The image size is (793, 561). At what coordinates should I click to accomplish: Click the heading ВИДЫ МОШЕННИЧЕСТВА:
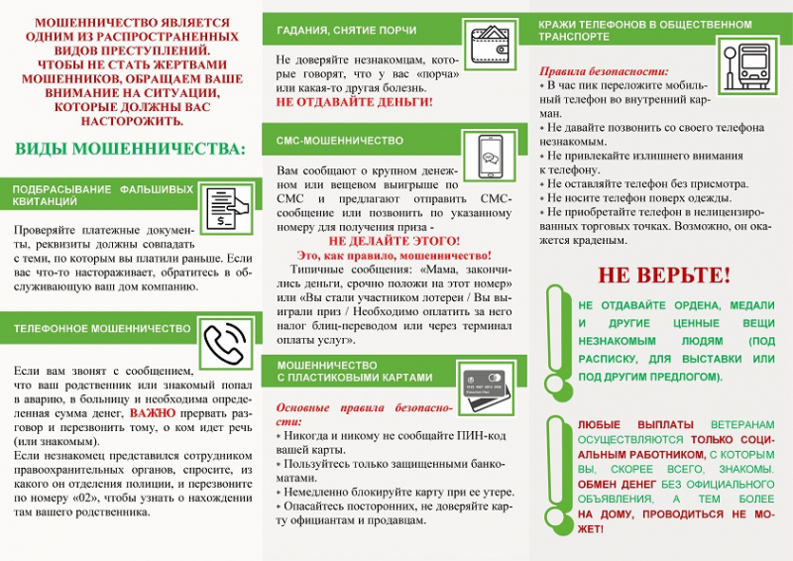[130, 150]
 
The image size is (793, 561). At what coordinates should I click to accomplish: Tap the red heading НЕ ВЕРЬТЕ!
[663, 275]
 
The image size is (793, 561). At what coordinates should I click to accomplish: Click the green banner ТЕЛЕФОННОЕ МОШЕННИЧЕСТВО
[103, 328]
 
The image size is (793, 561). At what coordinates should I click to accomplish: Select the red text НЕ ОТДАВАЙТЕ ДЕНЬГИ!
[354, 102]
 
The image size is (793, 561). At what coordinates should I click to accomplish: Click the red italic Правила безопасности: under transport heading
[604, 71]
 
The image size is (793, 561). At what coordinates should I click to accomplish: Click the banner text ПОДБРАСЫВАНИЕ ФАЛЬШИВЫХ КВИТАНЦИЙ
[102, 194]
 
